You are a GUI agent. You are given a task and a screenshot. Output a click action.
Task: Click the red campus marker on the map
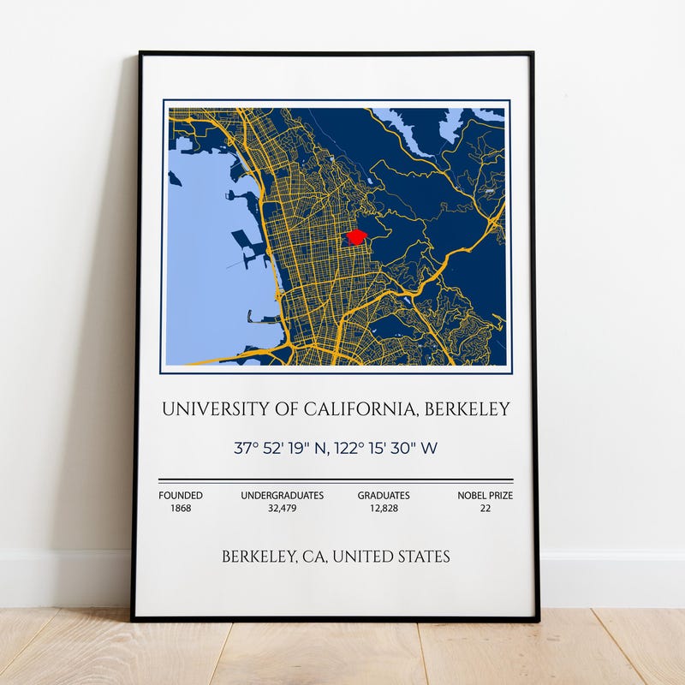[356, 237]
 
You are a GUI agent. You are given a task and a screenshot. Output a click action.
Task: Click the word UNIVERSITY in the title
[208, 409]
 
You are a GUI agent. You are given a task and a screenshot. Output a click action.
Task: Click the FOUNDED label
[181, 495]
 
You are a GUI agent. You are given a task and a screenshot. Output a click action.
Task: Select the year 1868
[181, 508]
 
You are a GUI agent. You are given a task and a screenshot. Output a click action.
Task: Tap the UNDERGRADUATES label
[282, 495]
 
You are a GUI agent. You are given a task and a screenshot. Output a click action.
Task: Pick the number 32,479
[282, 508]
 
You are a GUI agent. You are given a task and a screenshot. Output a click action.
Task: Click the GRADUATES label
[384, 495]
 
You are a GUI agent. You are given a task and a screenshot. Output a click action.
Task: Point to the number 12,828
[384, 508]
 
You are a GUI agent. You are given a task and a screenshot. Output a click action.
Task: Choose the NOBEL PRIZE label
[485, 495]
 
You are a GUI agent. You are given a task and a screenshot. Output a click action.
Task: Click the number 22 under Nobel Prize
[485, 508]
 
